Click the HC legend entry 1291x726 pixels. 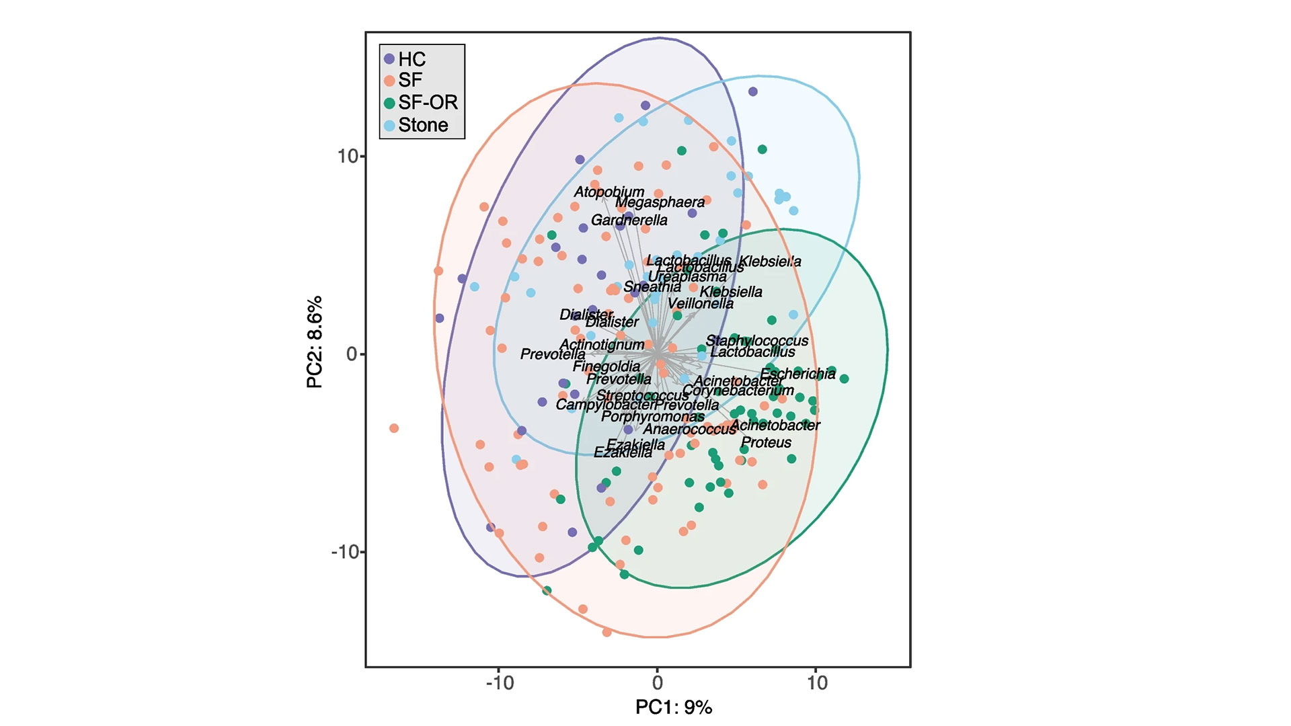click(405, 59)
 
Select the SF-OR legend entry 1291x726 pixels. click(421, 102)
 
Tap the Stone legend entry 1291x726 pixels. click(416, 125)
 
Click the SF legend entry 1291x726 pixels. click(403, 80)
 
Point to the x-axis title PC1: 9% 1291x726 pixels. click(673, 707)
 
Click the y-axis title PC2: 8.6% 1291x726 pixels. click(315, 341)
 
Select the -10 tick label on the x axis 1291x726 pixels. click(499, 683)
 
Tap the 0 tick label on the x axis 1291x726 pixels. click(658, 683)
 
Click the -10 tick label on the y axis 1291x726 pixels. click(346, 552)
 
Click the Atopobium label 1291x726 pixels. click(609, 192)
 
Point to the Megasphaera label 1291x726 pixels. click(660, 202)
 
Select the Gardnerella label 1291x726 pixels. click(629, 220)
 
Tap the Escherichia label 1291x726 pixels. click(797, 374)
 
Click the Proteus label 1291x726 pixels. click(766, 442)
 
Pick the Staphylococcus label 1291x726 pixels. click(756, 341)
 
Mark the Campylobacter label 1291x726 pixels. click(605, 405)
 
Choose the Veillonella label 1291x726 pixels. click(701, 303)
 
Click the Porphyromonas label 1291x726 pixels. click(652, 416)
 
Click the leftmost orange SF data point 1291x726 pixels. click(394, 428)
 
